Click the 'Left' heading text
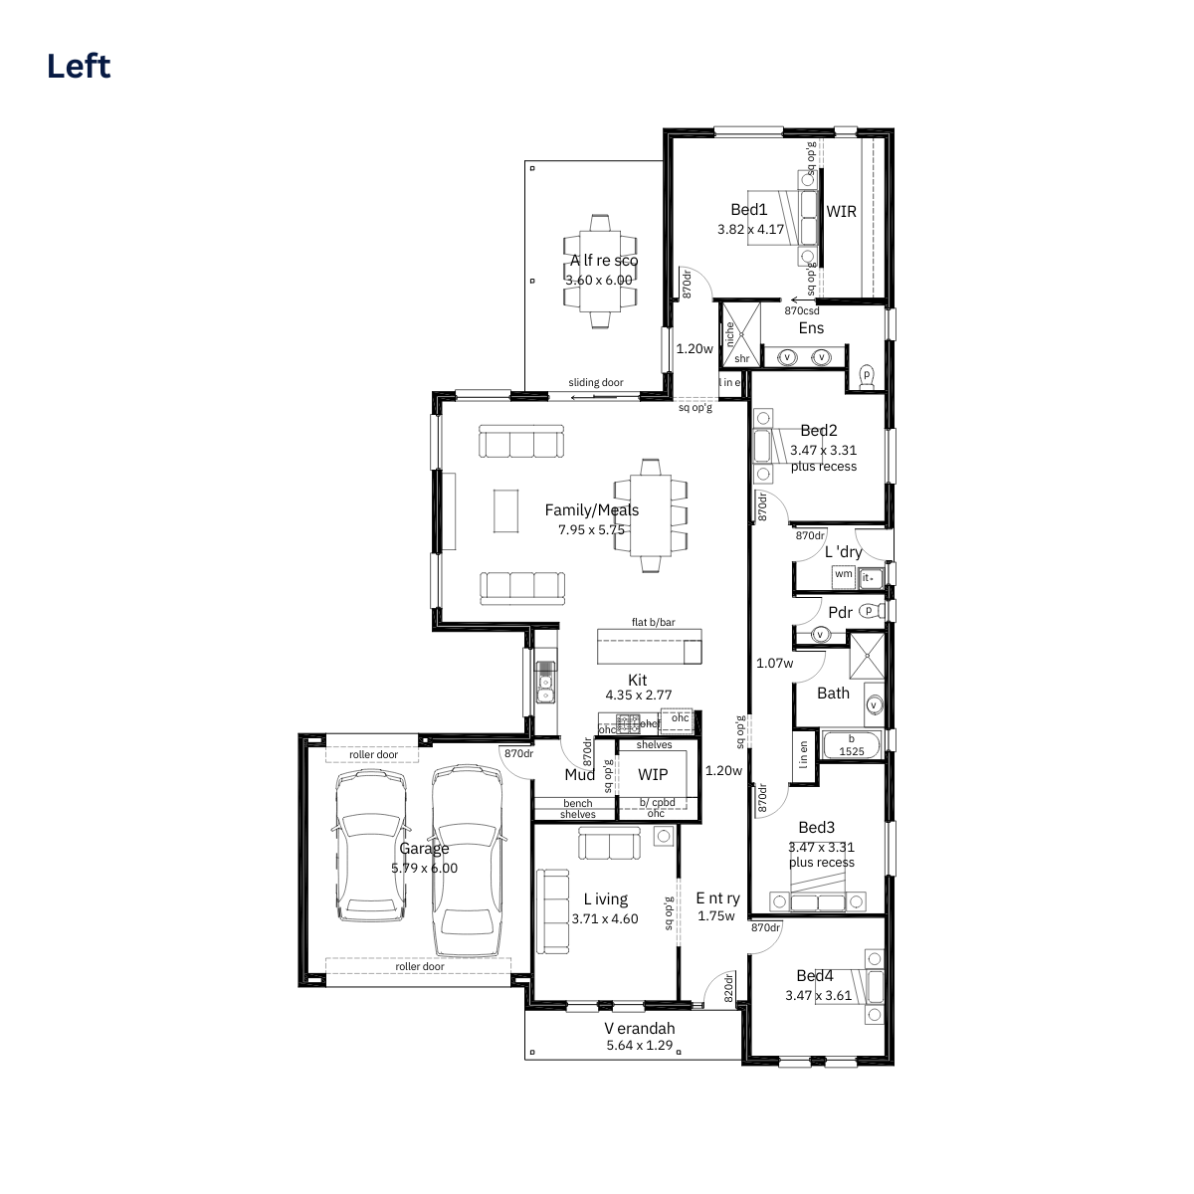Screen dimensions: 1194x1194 click(79, 67)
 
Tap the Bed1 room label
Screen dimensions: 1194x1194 click(748, 209)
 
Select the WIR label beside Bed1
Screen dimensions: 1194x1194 click(841, 211)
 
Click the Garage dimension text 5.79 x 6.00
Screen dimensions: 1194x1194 click(424, 868)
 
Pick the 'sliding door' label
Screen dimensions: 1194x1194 click(595, 382)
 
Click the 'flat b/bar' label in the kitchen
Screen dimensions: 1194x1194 click(653, 622)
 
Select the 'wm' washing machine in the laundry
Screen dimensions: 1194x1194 click(844, 575)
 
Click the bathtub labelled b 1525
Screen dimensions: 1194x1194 click(852, 745)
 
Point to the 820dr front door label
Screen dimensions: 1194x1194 click(728, 987)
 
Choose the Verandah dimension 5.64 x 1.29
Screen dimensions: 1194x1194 click(640, 1045)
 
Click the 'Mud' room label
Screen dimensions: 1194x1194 click(579, 774)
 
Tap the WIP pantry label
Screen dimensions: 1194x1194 click(653, 774)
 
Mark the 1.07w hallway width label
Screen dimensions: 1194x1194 click(774, 663)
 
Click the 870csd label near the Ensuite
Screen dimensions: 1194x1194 click(802, 310)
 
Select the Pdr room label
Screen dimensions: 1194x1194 click(840, 612)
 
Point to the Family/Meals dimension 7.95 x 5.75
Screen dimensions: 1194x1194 click(591, 529)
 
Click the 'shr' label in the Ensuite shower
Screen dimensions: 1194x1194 click(741, 358)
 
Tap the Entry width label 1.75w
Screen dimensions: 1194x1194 click(716, 915)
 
